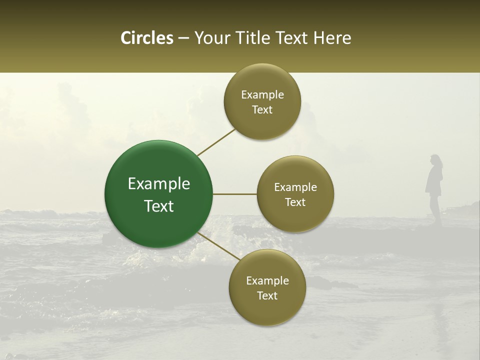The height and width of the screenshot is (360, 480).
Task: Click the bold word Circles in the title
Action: coord(146,38)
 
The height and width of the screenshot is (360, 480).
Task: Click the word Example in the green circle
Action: coord(159,184)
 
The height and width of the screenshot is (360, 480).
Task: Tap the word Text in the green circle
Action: coord(159,206)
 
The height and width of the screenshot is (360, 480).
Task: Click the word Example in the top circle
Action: coord(262,95)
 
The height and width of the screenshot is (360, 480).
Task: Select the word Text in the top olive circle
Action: coord(262,110)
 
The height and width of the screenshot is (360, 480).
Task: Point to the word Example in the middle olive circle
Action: coord(295,187)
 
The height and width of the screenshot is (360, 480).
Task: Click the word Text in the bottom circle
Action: coord(267,296)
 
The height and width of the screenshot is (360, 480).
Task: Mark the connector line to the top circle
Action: coord(216,142)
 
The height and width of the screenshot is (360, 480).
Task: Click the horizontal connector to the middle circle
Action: coord(235,194)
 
